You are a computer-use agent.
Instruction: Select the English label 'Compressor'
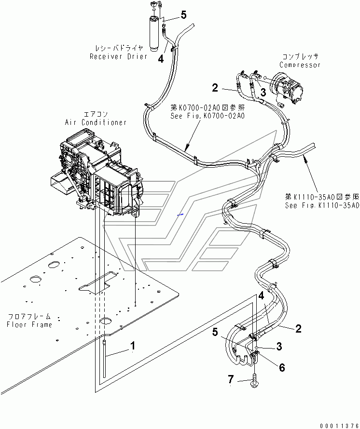pos(300,65)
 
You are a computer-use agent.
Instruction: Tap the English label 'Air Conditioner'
pos(96,122)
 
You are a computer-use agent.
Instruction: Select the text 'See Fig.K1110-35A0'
pos(322,205)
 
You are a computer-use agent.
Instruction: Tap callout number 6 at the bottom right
pos(281,368)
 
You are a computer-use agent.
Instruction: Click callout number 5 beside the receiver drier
pos(184,15)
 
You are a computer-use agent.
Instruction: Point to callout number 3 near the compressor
pos(263,93)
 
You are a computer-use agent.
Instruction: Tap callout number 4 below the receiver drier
pos(161,58)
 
